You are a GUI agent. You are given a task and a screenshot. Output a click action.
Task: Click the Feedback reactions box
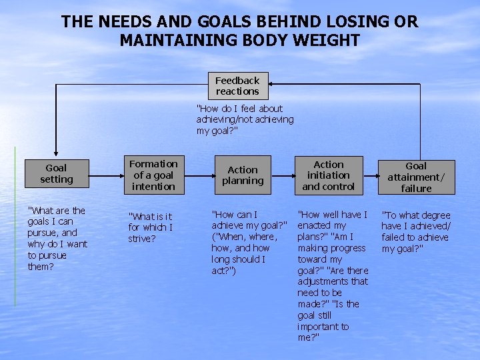(x=237, y=86)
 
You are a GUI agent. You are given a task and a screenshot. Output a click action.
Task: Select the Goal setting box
(x=56, y=174)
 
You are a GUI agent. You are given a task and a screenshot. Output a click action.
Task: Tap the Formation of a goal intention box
(x=153, y=175)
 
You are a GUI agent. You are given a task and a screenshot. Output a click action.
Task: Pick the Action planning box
(x=243, y=175)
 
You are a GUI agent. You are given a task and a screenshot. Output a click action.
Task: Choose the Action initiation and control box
(x=329, y=175)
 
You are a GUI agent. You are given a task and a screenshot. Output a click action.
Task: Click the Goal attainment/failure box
(x=416, y=177)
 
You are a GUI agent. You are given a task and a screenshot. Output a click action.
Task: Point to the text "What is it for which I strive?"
(x=150, y=227)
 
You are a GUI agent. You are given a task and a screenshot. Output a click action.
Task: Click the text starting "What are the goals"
(x=57, y=239)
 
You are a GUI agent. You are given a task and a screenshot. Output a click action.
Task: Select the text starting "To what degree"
(x=415, y=232)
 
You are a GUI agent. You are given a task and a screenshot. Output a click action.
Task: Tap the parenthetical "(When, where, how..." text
(x=244, y=253)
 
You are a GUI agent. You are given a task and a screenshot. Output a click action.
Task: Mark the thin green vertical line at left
(x=15, y=227)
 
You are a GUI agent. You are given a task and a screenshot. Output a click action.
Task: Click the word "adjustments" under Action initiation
(x=333, y=281)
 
